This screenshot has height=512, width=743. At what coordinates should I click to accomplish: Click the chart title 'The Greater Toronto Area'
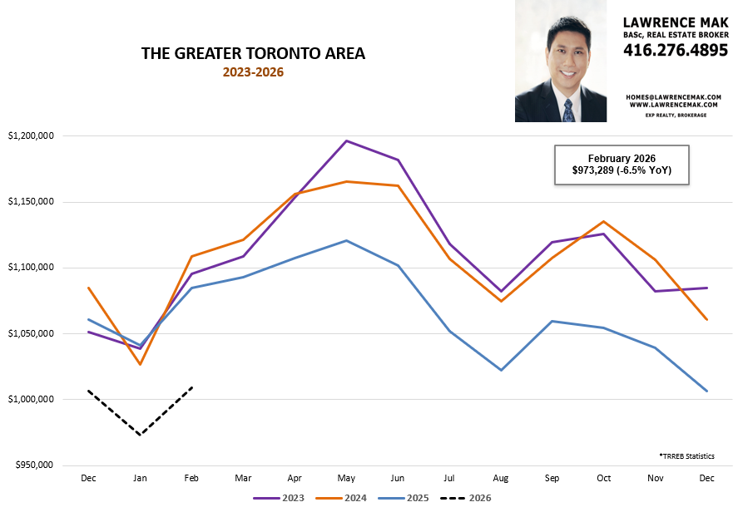point(253,54)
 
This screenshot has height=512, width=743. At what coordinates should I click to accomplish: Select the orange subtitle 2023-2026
point(253,72)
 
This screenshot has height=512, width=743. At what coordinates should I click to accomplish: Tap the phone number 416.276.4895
point(675,50)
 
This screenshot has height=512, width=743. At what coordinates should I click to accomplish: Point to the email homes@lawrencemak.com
point(674,96)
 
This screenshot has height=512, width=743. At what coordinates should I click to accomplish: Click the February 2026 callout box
point(621,165)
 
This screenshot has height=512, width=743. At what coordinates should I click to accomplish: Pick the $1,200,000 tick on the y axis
point(31,135)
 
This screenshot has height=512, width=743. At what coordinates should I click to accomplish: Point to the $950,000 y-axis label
point(33,465)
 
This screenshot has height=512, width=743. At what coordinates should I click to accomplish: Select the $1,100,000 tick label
point(31,268)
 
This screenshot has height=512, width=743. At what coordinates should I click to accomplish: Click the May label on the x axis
point(346,480)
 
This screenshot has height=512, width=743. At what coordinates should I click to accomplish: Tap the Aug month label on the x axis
point(501,480)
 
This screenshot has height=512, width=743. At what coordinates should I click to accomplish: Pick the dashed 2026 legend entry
point(468,498)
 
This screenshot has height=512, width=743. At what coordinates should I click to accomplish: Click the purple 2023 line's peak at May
point(346,140)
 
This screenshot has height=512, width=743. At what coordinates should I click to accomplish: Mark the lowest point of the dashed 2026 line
point(140,435)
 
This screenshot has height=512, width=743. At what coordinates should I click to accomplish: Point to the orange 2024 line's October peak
point(604,221)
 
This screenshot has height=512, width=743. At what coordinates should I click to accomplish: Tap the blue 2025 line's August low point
point(501,370)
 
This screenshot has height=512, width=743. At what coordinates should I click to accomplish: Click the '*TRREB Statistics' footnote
point(686,456)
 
